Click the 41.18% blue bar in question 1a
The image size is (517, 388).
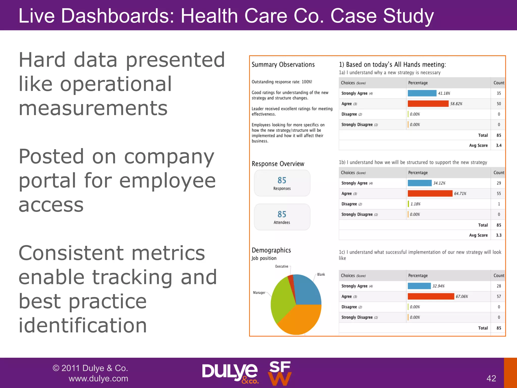point(422,93)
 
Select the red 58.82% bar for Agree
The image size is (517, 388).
point(428,104)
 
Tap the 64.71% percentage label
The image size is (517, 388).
point(460,193)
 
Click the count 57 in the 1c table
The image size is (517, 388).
point(499,296)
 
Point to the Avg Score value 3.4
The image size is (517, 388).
point(499,145)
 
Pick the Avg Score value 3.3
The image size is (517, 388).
point(499,235)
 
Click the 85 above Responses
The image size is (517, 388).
point(282,180)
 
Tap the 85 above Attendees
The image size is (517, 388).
point(282,214)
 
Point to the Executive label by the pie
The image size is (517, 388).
point(281,266)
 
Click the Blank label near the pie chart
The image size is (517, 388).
point(321,274)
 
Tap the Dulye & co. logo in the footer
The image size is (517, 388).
point(230,373)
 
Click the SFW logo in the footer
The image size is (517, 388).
point(279,373)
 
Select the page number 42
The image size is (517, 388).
point(491,378)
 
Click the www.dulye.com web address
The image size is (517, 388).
point(98,378)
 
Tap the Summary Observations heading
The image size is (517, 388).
point(283,65)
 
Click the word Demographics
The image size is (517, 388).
point(271,250)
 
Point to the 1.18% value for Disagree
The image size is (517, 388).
point(415,204)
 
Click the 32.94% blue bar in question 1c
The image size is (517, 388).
point(419,286)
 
